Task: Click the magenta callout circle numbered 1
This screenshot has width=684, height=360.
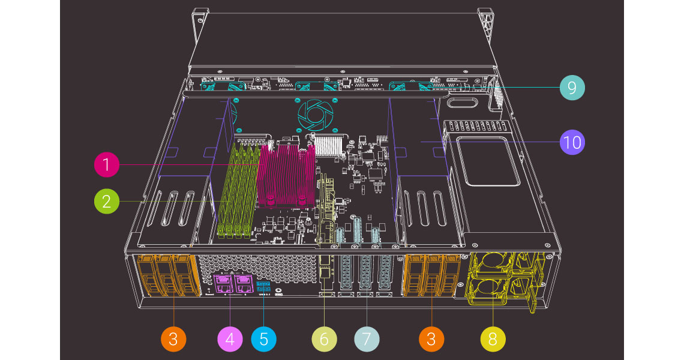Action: [x=107, y=164]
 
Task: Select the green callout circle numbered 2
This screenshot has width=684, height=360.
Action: [x=107, y=201]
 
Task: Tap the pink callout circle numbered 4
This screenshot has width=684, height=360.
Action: [x=230, y=339]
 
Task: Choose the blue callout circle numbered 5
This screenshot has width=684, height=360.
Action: [x=264, y=339]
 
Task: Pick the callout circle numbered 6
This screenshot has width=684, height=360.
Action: [x=324, y=339]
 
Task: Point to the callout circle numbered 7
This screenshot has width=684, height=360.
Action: [x=367, y=339]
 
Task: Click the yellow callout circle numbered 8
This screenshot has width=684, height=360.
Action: [x=493, y=339]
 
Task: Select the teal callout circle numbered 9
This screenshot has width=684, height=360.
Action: [x=572, y=88]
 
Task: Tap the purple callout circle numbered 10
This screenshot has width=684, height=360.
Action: [x=572, y=143]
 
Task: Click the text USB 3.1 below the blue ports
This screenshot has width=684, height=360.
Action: [x=265, y=294]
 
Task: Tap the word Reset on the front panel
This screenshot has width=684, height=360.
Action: [x=210, y=295]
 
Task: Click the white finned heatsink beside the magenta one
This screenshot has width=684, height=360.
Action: [x=330, y=145]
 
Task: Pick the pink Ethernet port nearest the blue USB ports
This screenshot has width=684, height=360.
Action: [x=242, y=281]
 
